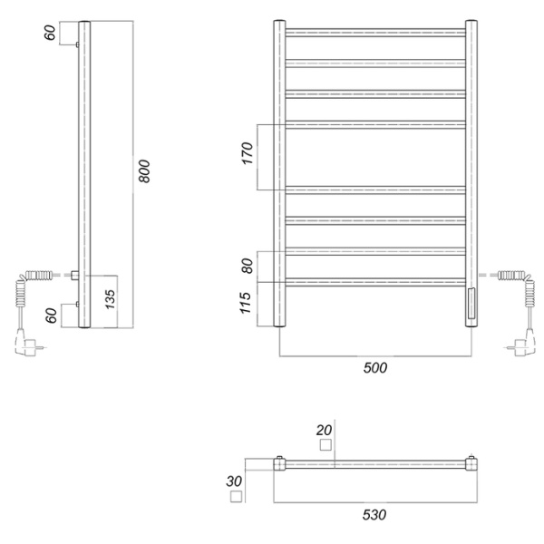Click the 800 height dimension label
click(144, 171)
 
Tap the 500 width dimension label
click(375, 368)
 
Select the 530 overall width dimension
click(374, 515)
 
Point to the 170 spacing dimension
click(248, 153)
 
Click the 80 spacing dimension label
click(247, 266)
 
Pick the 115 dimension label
click(246, 303)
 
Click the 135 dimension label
click(110, 298)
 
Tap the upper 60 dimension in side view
click(50, 33)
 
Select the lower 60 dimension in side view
click(52, 316)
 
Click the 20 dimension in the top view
click(324, 431)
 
